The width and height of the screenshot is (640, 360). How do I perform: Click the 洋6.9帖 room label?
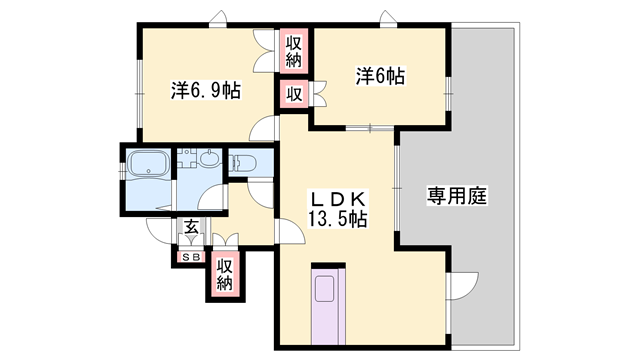point(206,90)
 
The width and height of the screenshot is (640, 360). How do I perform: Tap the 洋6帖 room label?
point(380,76)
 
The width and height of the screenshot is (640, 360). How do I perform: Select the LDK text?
point(338,200)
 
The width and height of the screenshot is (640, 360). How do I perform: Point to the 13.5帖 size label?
point(337,219)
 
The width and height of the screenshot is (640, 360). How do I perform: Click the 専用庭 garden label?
point(457,196)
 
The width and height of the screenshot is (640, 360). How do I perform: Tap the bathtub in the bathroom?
point(148,165)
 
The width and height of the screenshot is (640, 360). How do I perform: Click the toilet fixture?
point(244,163)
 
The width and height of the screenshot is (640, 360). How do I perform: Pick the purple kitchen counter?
point(328,307)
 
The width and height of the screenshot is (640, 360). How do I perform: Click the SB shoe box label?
point(191,257)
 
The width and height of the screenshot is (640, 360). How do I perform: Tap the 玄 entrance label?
point(191,227)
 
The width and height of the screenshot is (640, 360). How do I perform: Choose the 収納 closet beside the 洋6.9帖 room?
point(293,51)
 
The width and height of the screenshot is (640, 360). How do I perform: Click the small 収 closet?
point(293,95)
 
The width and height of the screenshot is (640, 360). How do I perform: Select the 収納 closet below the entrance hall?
point(224,274)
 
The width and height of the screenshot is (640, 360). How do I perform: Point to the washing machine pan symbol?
point(187,158)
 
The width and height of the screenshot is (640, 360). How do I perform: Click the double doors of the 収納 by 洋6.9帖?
point(264,51)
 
